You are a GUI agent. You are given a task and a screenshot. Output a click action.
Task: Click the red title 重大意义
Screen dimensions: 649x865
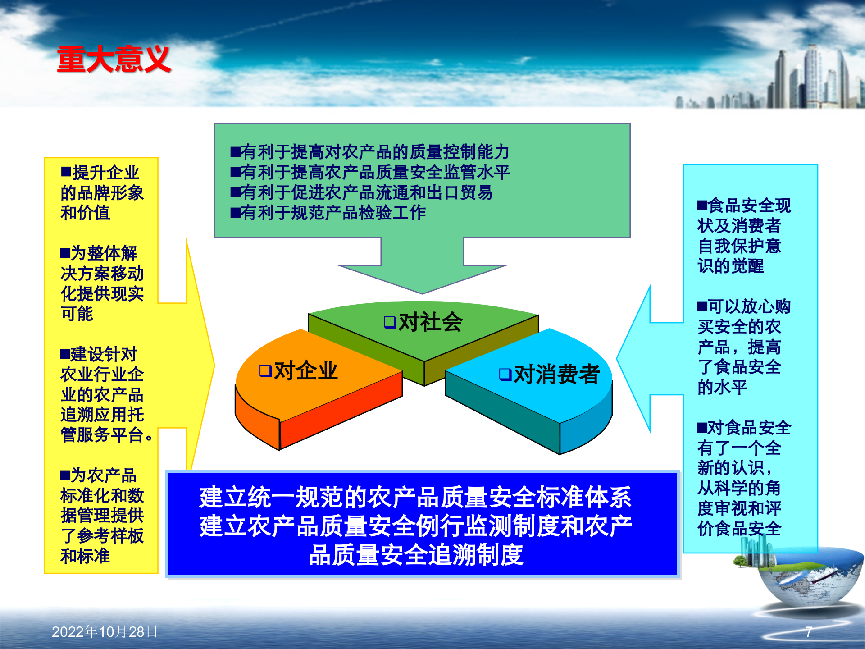pyautogui.click(x=114, y=59)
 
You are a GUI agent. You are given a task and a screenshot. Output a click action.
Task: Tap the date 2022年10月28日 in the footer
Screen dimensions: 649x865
pyautogui.click(x=105, y=632)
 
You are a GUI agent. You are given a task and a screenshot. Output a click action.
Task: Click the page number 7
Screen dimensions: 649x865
pyautogui.click(x=809, y=632)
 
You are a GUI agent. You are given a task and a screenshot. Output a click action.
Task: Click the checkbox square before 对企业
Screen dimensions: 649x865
pyautogui.click(x=265, y=371)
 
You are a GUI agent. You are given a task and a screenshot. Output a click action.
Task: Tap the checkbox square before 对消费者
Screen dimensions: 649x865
pyautogui.click(x=505, y=374)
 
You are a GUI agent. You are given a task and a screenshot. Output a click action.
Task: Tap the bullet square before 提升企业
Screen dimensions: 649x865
pyautogui.click(x=66, y=172)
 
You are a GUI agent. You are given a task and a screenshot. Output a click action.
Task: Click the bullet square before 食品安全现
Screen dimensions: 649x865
pyautogui.click(x=702, y=206)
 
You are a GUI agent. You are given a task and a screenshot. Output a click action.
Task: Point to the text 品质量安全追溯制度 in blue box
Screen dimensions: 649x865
pyautogui.click(x=416, y=555)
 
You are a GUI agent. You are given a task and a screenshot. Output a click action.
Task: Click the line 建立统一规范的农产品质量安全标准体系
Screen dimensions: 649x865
pyautogui.click(x=416, y=498)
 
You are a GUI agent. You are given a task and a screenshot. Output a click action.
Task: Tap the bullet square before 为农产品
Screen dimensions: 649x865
pyautogui.click(x=65, y=475)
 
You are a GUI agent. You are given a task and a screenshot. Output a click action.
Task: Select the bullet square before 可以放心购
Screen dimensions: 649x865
pyautogui.click(x=702, y=307)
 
